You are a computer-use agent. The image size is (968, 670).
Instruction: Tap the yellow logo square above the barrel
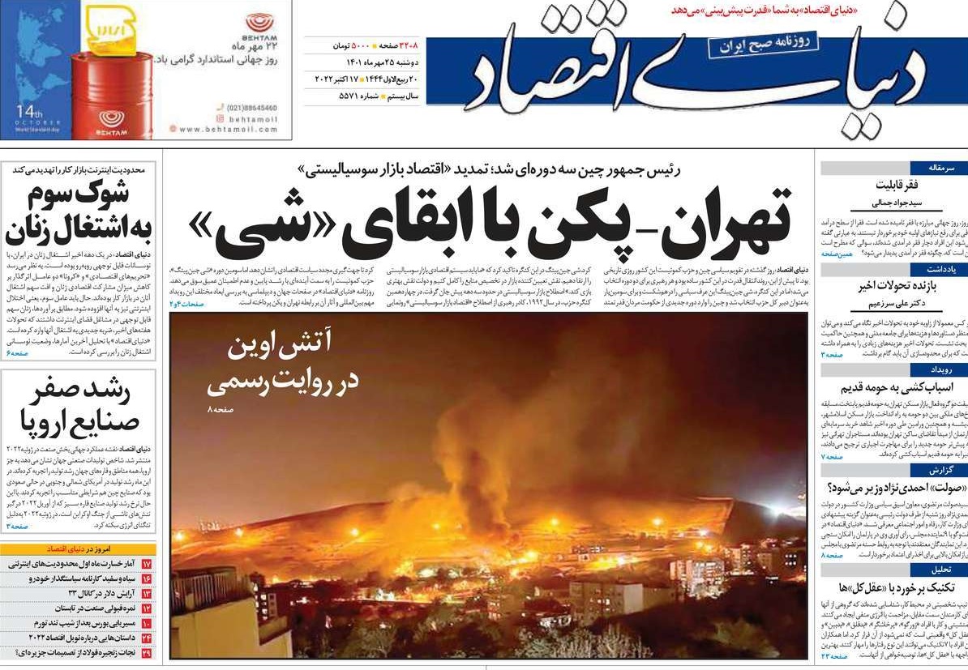tap(111, 28)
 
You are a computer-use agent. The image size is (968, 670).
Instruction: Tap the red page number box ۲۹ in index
tap(146, 652)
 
